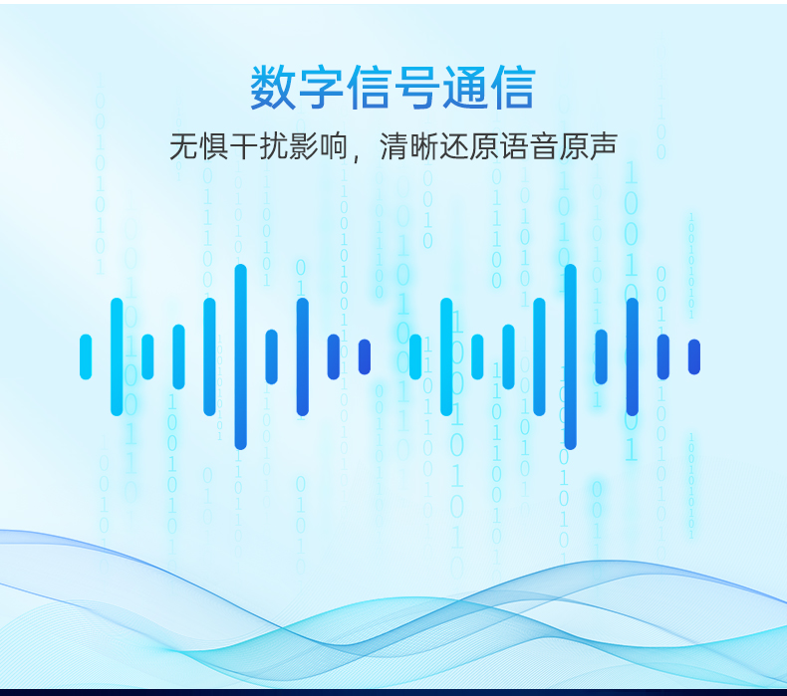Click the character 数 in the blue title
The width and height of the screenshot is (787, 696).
273,88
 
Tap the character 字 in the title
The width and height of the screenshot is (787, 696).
321,88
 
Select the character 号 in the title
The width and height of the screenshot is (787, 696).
417,88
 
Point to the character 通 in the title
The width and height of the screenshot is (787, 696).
465,88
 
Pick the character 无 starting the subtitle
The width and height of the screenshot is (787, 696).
183,146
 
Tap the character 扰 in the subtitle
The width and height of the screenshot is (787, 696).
273,146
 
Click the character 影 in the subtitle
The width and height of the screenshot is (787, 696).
303,146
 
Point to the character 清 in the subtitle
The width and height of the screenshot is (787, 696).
393,146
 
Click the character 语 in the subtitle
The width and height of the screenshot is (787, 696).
513,146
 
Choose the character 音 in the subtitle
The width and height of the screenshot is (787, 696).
543,146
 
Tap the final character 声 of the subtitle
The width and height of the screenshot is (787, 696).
603,146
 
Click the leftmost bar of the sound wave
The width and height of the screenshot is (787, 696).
86,356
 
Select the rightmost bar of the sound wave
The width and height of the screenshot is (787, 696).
694,356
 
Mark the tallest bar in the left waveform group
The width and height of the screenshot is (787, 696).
241,356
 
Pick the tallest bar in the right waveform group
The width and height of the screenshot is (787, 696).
571,356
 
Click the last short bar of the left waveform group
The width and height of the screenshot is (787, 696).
365,356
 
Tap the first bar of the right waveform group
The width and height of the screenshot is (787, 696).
415,356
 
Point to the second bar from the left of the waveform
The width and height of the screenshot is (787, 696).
117,356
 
